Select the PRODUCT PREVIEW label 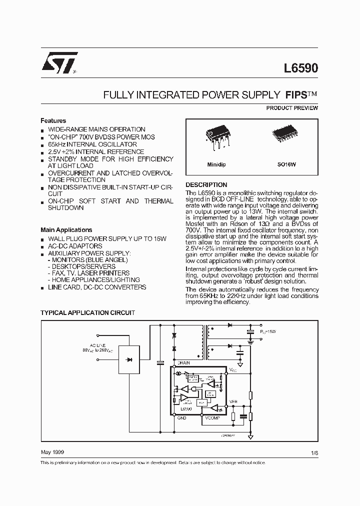(292, 108)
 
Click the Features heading (53, 120)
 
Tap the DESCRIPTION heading (206, 184)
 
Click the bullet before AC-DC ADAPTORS (43, 246)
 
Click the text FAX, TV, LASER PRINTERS (90, 273)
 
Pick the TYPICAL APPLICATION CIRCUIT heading (87, 312)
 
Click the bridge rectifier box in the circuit (129, 359)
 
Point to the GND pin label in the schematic (181, 418)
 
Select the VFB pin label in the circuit (233, 401)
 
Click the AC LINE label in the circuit (97, 345)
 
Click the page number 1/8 (313, 452)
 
